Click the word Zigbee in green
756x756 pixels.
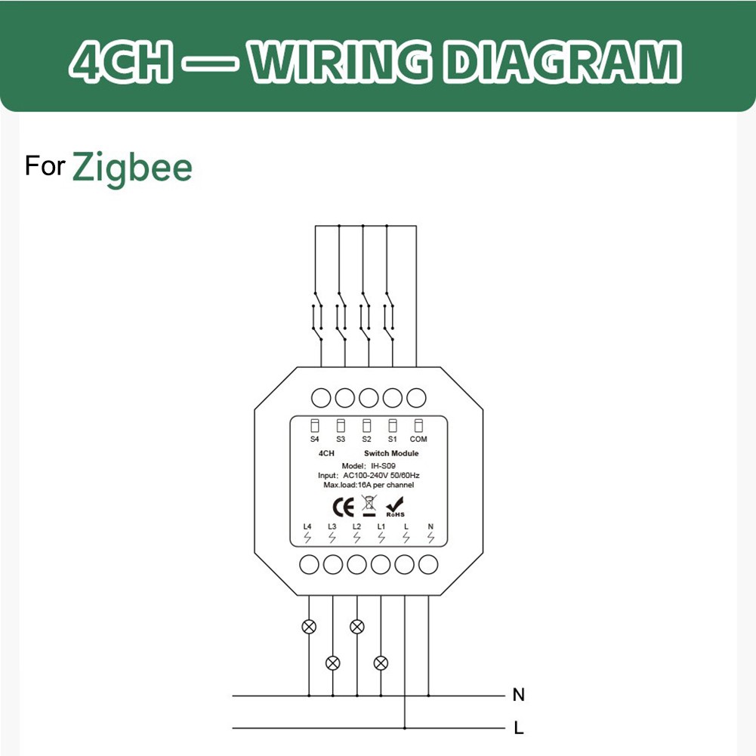[132, 167]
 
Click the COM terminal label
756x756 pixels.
[418, 439]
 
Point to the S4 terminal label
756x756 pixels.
[315, 439]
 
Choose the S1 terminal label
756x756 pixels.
[392, 439]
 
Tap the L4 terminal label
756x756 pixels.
[307, 526]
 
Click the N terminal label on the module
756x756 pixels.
[430, 526]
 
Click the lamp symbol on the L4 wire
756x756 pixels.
[308, 626]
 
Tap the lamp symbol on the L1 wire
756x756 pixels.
[381, 662]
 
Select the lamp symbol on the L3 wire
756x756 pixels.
[332, 662]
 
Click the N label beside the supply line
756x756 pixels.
[518, 694]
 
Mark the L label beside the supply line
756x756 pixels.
[518, 729]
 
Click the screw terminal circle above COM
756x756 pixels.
[416, 397]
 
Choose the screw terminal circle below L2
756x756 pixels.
[356, 564]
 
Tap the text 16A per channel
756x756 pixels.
[389, 485]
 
